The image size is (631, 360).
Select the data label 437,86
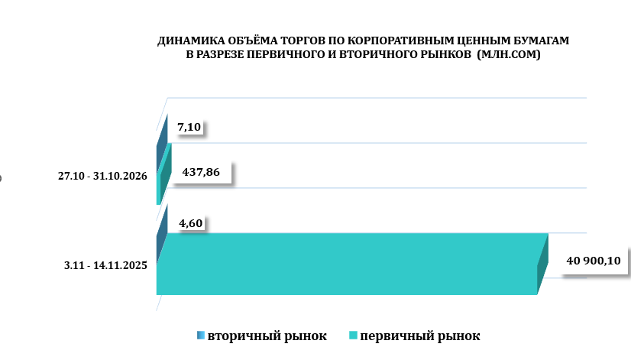click(201, 173)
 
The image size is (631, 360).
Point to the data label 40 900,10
click(593, 261)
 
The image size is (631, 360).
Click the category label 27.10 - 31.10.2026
click(102, 177)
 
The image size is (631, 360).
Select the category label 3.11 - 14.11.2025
click(106, 266)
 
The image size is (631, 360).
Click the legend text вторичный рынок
click(267, 336)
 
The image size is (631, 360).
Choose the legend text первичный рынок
click(420, 336)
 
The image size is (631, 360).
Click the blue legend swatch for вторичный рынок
click(200, 336)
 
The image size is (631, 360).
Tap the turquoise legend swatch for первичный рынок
click(353, 336)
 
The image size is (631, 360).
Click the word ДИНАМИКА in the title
click(184, 40)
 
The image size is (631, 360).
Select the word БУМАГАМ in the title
click(541, 40)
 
